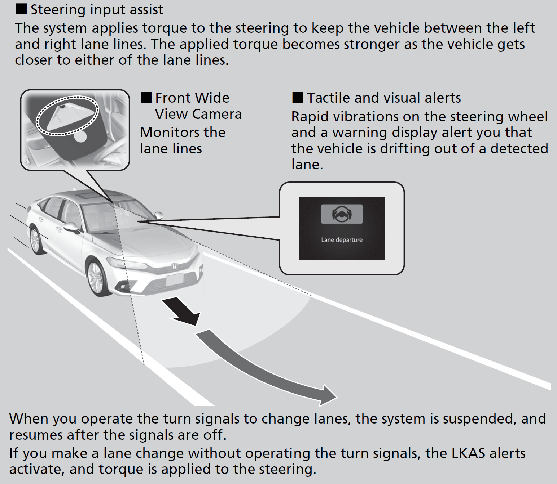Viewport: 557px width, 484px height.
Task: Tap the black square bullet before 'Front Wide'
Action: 146,97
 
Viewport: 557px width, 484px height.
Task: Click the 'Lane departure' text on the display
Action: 342,240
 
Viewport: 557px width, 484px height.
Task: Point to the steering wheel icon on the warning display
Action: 342,214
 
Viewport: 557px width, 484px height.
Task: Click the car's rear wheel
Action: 35,240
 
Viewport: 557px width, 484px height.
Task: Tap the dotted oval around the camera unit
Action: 68,116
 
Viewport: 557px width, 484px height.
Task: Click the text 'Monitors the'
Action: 183,133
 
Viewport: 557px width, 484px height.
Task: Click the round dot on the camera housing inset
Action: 80,137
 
